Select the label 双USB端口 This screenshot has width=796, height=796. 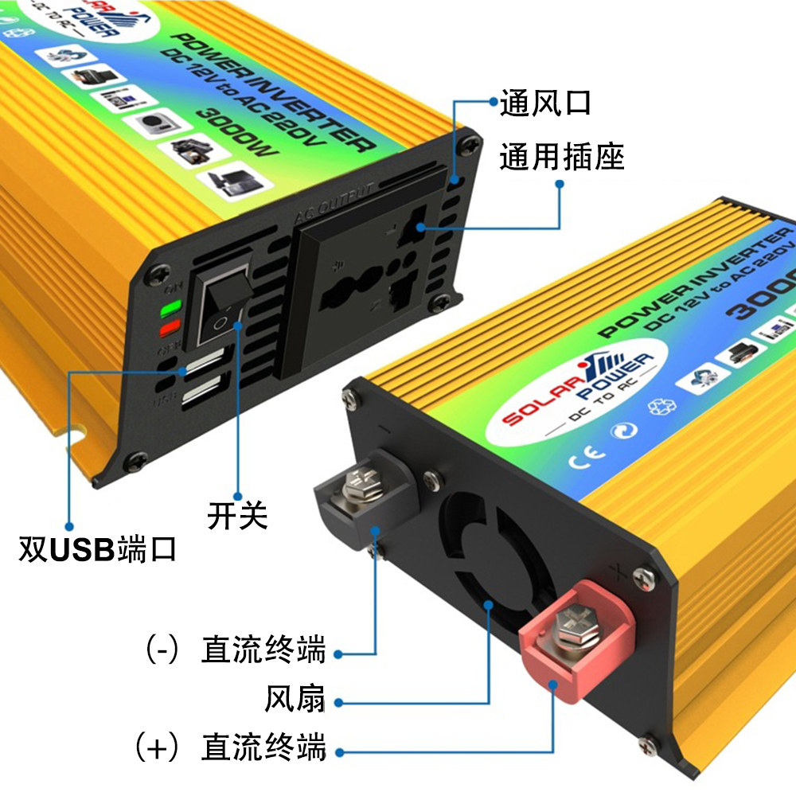pyautogui.click(x=98, y=550)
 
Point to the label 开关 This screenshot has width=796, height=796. pyautogui.click(x=237, y=516)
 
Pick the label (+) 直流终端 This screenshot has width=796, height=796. pyautogui.click(x=231, y=748)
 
